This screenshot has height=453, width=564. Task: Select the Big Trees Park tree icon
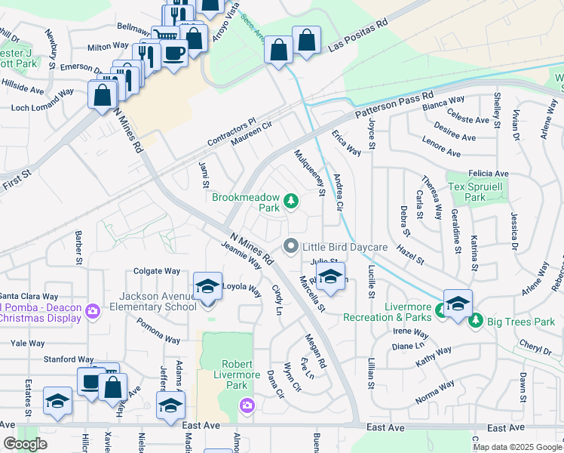(476, 322)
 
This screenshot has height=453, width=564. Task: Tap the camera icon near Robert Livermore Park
(247, 408)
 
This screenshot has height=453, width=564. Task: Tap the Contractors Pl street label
(231, 133)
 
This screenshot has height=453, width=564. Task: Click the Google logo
(25, 444)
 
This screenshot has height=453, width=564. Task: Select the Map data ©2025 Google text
(517, 447)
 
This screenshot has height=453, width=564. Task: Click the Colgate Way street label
(157, 271)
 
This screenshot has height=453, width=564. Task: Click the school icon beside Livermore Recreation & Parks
(458, 304)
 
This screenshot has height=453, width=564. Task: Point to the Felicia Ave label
(488, 174)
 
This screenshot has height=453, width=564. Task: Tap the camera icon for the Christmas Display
(93, 310)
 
